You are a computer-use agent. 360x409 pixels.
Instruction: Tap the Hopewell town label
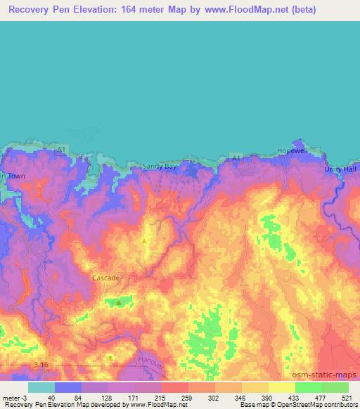click(x=292, y=150)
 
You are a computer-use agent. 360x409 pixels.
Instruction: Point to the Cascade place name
click(x=106, y=278)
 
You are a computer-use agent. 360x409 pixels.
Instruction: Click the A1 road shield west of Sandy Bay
click(x=63, y=149)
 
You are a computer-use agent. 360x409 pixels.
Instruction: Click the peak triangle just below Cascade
click(x=119, y=301)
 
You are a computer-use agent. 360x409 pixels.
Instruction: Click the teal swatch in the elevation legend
click(x=41, y=387)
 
